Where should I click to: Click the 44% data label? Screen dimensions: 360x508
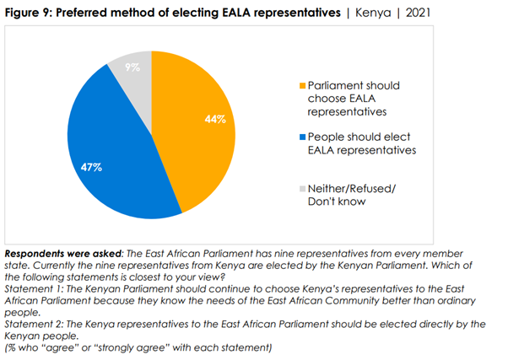point(215,120)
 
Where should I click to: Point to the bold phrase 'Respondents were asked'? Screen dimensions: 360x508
point(63,254)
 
